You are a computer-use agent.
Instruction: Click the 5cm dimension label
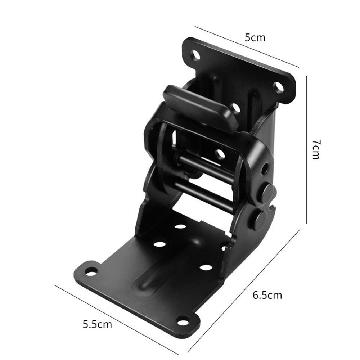pos(255,37)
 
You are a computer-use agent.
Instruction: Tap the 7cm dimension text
pos(315,149)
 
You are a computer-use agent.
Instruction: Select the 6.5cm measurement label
pos(267,296)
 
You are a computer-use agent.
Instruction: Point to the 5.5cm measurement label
pos(97,324)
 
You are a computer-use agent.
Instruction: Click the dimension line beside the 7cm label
pos(306,149)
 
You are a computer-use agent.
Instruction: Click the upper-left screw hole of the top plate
pos(195,55)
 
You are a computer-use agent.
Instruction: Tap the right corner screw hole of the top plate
pos(278,87)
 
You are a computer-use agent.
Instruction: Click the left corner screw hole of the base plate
pos(91,271)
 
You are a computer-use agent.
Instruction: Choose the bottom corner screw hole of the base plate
pos(183,320)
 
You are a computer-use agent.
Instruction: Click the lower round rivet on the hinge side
pos(259,219)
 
